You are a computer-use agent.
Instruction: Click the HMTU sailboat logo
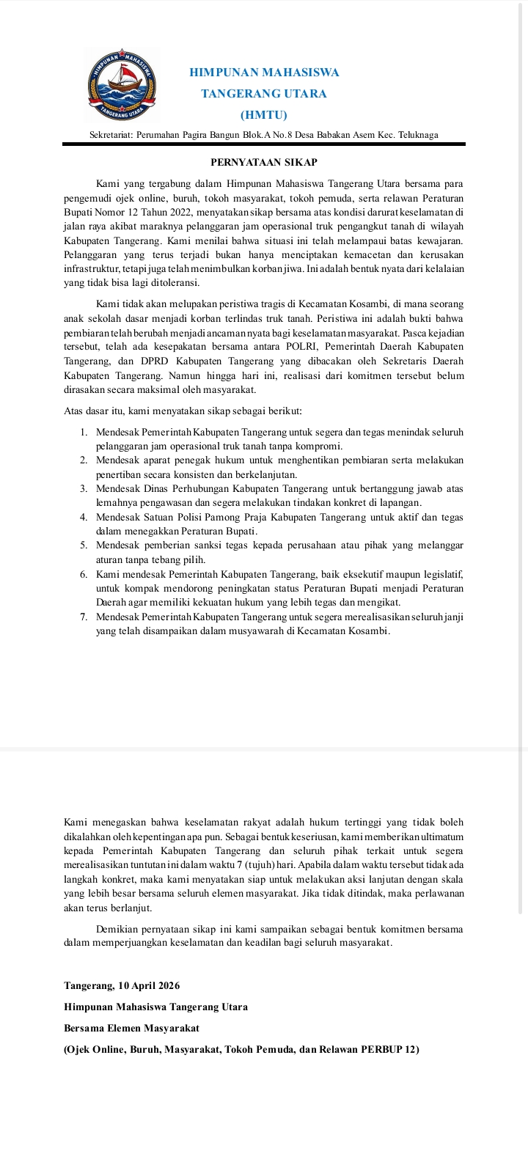click(x=121, y=84)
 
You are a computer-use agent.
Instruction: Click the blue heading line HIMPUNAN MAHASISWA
click(x=264, y=73)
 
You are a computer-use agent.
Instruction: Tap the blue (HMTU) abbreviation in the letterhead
click(x=264, y=115)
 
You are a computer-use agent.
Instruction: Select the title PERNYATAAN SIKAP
click(x=264, y=162)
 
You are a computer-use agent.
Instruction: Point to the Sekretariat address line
click(x=264, y=135)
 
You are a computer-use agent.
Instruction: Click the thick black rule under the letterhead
click(x=264, y=144)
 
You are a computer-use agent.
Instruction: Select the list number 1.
click(x=84, y=433)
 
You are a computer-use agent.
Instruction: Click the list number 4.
click(x=84, y=518)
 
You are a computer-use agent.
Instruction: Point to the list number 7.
click(x=84, y=617)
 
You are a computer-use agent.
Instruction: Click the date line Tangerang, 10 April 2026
click(x=122, y=986)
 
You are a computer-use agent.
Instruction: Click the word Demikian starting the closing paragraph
click(x=117, y=929)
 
